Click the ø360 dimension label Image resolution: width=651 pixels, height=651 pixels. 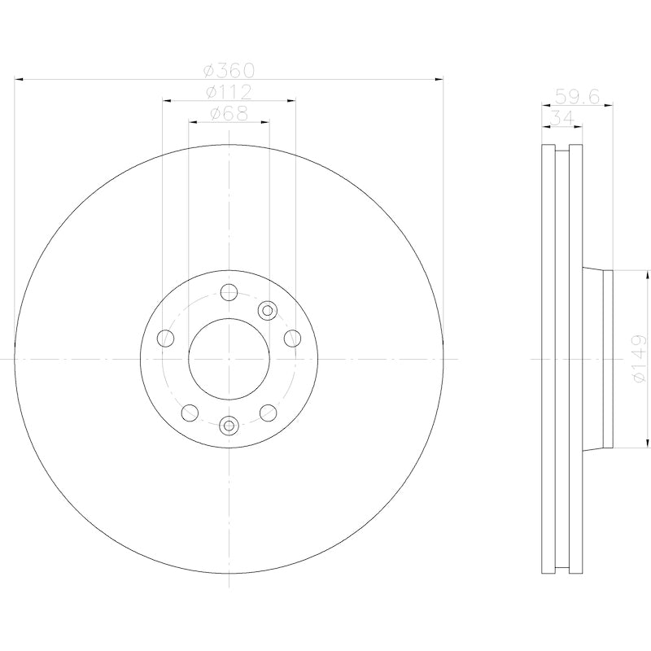click(x=229, y=71)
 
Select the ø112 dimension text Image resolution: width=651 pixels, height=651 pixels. click(x=229, y=92)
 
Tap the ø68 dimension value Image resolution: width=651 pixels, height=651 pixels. click(x=229, y=114)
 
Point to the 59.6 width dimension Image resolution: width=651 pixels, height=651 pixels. click(x=576, y=96)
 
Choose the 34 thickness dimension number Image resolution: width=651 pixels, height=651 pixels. click(x=561, y=118)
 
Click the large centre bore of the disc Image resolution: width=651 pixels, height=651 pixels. click(x=229, y=358)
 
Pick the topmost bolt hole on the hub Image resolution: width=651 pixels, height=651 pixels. click(x=229, y=292)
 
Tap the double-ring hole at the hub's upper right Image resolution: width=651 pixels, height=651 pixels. click(x=267, y=309)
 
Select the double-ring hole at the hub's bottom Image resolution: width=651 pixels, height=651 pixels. click(x=229, y=424)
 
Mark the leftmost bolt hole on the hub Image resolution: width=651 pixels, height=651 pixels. click(x=166, y=338)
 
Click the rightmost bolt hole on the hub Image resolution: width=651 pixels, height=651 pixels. click(x=291, y=338)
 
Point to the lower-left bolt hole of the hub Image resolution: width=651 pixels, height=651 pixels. click(x=190, y=412)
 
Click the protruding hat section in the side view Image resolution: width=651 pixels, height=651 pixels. click(x=598, y=358)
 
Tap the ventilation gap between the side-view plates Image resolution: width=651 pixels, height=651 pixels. click(x=562, y=358)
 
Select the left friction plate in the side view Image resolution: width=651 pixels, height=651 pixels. click(x=548, y=358)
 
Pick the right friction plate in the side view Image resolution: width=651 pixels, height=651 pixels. click(x=576, y=358)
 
